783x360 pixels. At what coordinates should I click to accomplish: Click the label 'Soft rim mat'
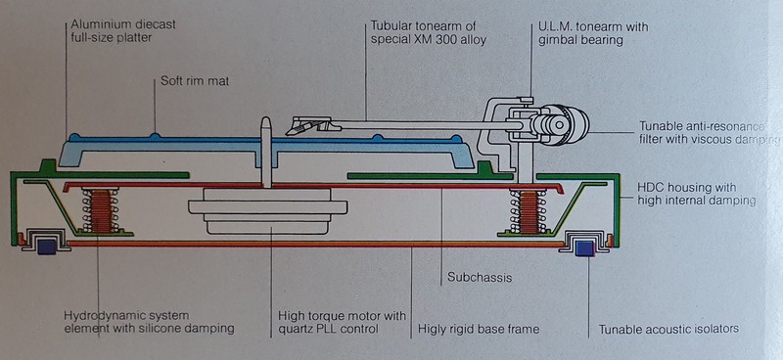194,81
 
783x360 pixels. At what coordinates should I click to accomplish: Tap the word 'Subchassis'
480,277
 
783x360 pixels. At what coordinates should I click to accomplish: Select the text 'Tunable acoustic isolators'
668,329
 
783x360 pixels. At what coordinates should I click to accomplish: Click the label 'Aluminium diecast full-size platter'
123,30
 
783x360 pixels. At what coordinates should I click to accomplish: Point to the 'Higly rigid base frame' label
479,329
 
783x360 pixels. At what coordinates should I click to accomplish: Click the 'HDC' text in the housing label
650,188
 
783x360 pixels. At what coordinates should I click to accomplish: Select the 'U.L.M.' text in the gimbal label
555,26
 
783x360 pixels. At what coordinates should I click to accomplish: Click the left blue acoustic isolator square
46,246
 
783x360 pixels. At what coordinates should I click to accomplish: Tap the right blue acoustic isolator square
584,247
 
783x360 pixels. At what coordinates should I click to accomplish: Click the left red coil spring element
102,210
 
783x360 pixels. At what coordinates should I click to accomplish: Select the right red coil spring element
529,210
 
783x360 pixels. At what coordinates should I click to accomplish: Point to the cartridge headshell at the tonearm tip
309,125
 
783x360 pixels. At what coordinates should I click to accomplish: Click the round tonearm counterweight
566,124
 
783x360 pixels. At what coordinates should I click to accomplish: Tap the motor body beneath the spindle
268,210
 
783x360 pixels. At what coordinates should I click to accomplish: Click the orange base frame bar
315,245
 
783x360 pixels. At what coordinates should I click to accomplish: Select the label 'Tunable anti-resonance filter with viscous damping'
709,132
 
